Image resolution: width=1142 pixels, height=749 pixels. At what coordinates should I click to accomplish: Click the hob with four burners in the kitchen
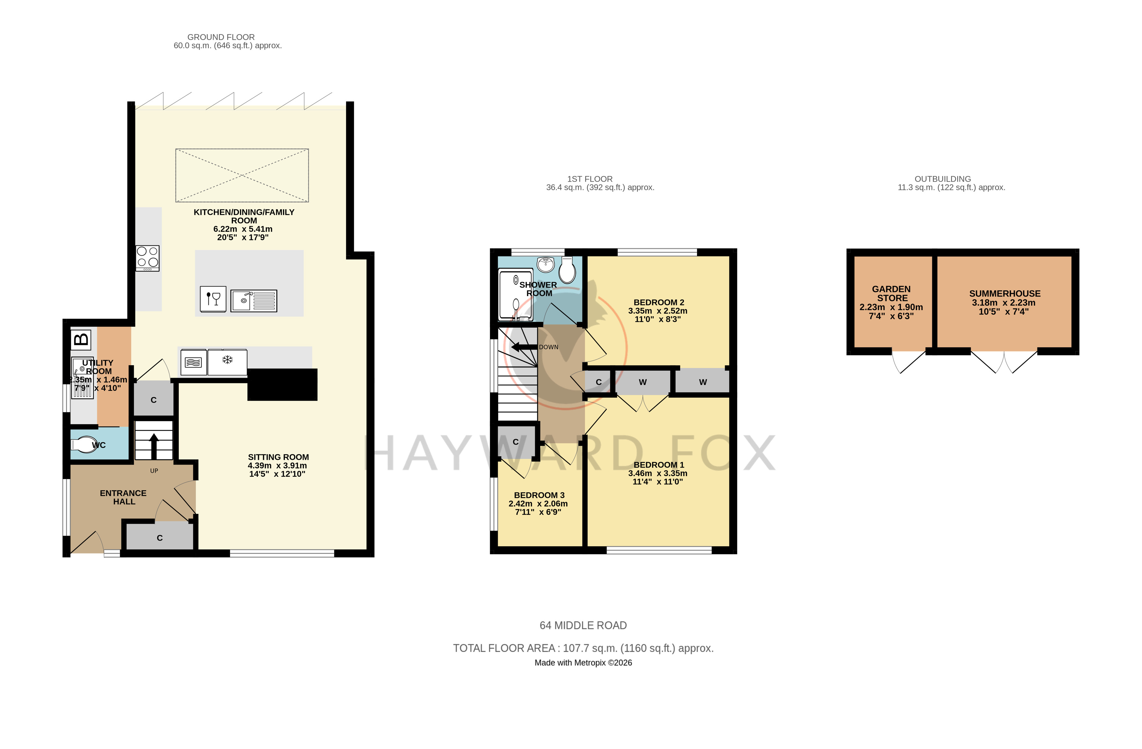point(147,258)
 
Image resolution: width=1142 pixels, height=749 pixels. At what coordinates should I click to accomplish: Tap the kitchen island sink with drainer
point(254,301)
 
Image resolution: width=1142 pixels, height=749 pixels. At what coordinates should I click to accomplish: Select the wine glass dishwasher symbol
point(213,299)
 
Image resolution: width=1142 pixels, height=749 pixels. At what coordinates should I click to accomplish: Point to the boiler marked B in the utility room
point(81,340)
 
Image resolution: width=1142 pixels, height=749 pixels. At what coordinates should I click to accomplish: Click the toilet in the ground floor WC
point(84,444)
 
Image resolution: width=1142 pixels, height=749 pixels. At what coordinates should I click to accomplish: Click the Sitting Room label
point(278,457)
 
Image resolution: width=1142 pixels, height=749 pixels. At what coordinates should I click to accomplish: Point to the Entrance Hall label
point(123,497)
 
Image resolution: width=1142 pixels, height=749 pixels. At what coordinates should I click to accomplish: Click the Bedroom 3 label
point(539,495)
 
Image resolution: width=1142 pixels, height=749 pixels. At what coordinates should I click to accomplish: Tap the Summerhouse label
point(1005,294)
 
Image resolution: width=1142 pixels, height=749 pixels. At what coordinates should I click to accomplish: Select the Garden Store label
point(891,294)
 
